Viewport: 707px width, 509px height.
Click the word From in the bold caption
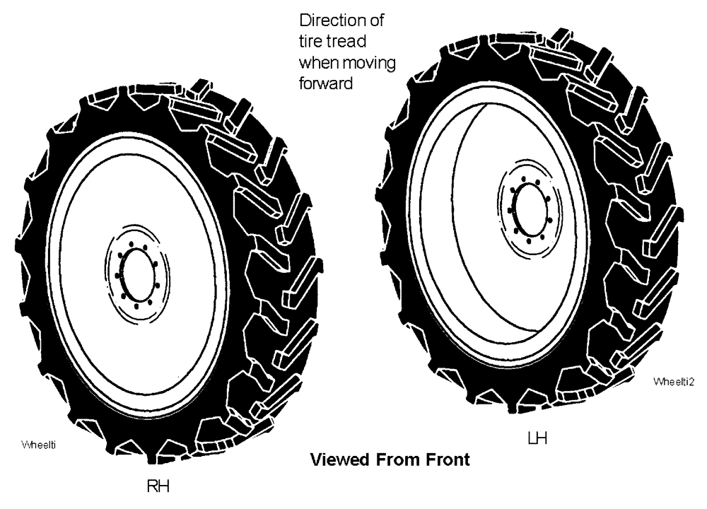[404, 460]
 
